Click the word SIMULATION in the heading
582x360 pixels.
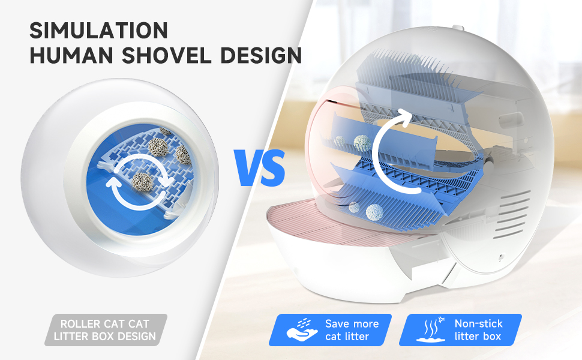coord(99,31)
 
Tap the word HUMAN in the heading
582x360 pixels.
coord(71,55)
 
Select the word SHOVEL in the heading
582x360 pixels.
coord(167,55)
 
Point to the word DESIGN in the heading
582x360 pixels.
coord(261,55)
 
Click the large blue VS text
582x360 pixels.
coord(260,168)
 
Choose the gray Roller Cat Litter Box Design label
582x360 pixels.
coord(106,330)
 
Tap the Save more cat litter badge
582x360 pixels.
coord(331,330)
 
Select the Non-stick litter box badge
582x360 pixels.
coord(460,330)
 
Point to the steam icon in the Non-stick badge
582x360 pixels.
coord(431,329)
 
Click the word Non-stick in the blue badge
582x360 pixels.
coord(478,323)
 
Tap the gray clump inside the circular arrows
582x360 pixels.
coord(142,182)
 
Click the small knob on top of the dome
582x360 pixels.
coord(458,28)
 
